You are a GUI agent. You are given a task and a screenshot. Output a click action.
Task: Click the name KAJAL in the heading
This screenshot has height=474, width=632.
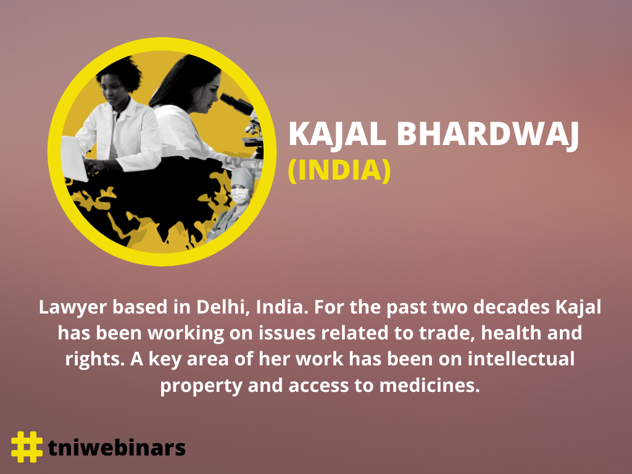point(338,135)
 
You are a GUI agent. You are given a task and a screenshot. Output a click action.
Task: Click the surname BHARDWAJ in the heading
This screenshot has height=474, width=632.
point(488,135)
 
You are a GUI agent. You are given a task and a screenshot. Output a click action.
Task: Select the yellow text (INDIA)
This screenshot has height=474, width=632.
point(339,170)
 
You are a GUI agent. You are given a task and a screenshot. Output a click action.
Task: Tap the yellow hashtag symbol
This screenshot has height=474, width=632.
point(27,447)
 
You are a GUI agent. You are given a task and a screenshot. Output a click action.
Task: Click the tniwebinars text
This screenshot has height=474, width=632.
point(117,447)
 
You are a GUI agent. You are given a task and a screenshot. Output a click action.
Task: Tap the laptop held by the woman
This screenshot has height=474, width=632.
point(74,158)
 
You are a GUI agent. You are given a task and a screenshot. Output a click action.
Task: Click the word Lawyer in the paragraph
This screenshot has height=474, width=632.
point(73,308)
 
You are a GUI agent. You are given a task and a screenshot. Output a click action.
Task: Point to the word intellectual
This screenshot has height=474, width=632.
point(521,359)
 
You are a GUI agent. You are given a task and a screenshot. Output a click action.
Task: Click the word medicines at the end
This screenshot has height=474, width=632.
point(430,385)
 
